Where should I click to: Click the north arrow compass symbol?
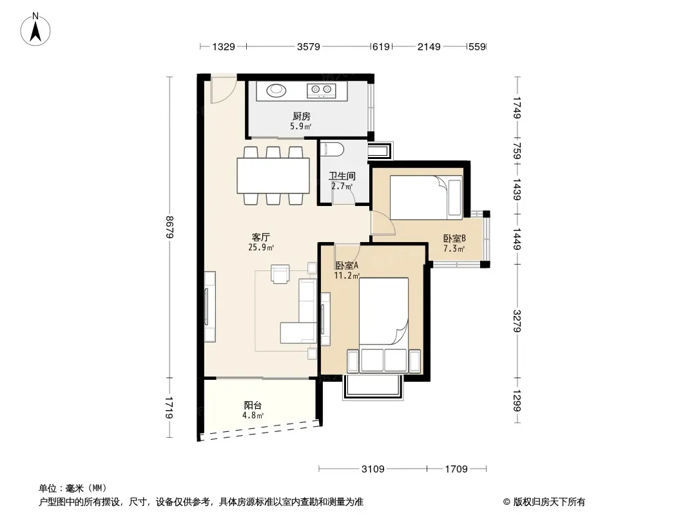tap(35, 29)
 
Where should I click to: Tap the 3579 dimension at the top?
tap(309, 46)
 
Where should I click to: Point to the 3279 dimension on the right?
tap(518, 321)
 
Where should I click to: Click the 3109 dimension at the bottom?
tap(373, 469)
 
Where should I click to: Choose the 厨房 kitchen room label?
tap(302, 116)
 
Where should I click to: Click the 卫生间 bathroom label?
tap(342, 176)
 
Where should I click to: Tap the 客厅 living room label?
tap(261, 237)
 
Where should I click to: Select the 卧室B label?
tap(454, 238)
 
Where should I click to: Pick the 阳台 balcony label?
tap(253, 405)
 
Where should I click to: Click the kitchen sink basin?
tap(276, 90)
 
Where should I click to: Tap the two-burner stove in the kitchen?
tap(321, 90)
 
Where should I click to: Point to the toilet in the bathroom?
tap(333, 149)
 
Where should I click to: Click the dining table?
tap(273, 176)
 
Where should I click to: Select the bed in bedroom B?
tap(426, 198)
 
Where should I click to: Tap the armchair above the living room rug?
tap(280, 274)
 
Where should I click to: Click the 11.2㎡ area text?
tap(347, 276)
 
